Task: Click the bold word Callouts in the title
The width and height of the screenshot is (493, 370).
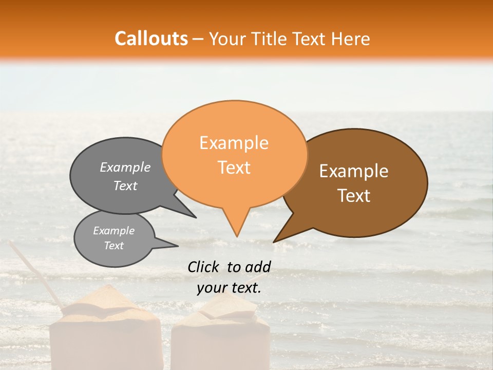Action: coord(151,39)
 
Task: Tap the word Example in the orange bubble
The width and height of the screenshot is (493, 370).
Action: coord(234,143)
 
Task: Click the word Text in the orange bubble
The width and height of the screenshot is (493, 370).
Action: coord(234,168)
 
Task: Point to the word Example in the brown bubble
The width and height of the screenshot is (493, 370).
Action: coord(354,171)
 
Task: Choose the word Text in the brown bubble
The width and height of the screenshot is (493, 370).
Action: coord(354,196)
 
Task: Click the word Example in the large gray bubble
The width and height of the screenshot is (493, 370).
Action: coord(125,168)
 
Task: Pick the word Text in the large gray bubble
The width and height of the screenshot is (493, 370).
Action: coord(125,186)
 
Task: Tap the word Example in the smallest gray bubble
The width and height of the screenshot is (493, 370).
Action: coord(113,231)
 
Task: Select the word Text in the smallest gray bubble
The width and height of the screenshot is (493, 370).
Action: coord(113,246)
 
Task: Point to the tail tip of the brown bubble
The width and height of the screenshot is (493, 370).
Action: coord(274,242)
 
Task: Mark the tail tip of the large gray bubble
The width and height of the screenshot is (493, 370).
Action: coord(196,217)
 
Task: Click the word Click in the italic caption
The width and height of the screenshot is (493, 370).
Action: coord(204,267)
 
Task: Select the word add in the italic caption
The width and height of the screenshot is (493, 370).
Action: coord(258,267)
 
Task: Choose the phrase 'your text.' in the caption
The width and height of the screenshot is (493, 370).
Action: coord(229,288)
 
